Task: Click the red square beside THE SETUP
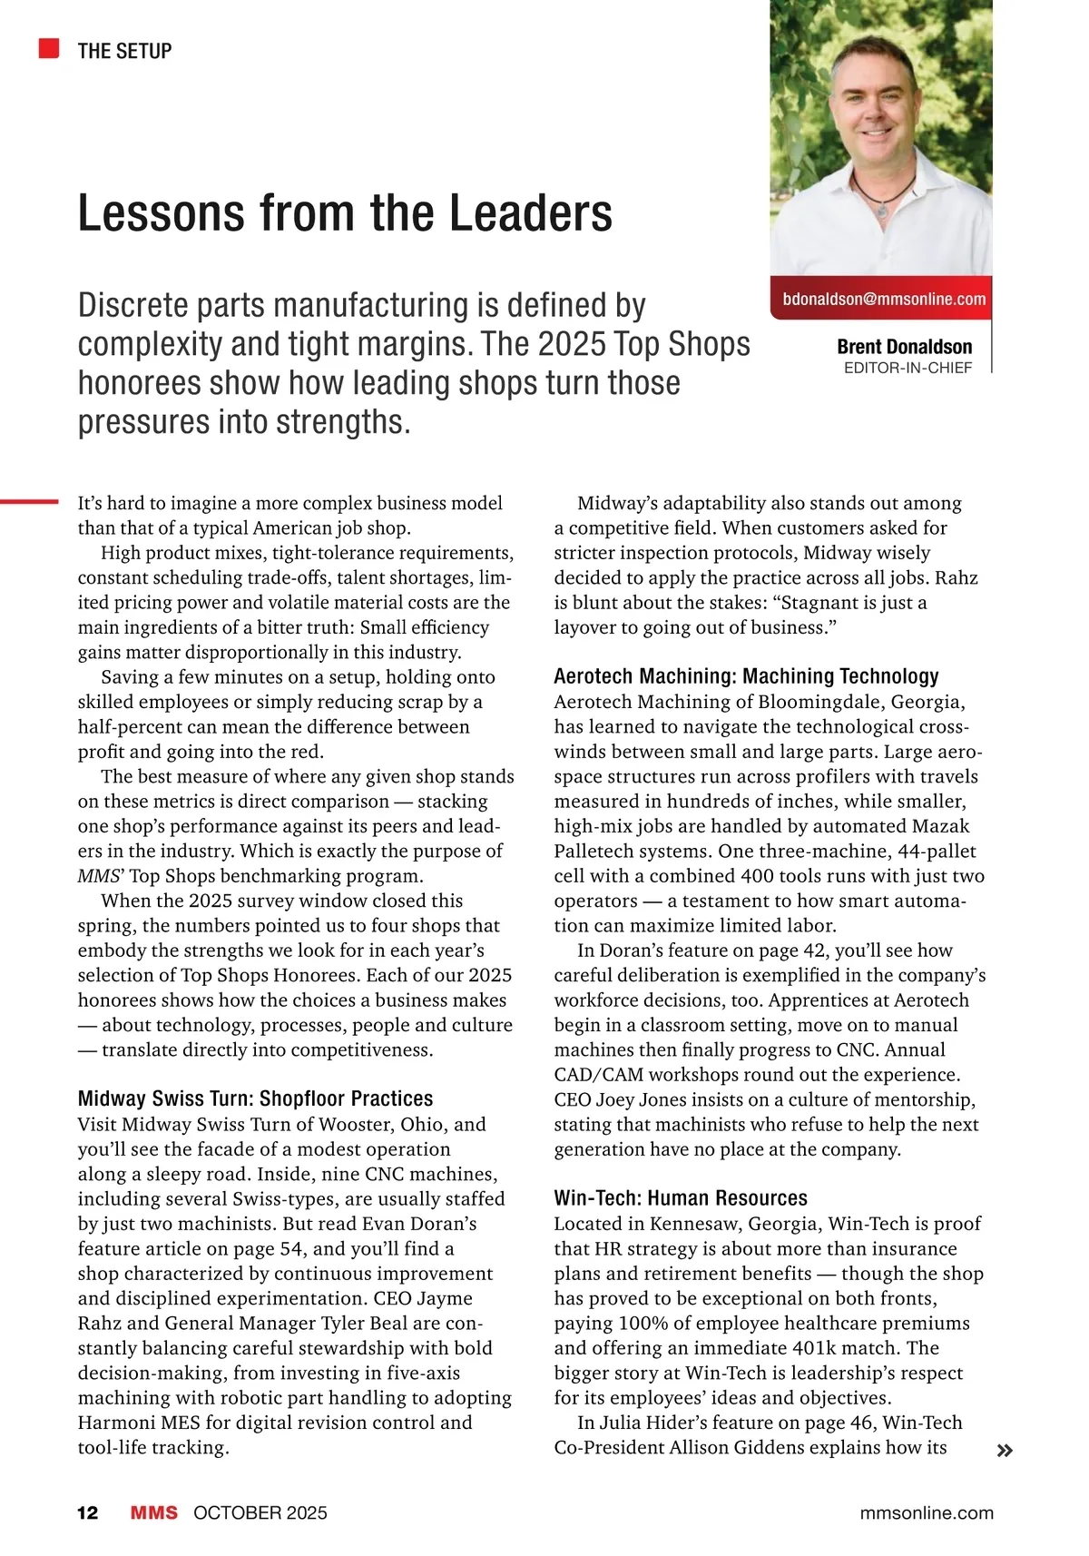pos(49,49)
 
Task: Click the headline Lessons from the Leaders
pos(345,213)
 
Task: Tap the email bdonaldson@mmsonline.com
pos(883,299)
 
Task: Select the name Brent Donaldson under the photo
pos(904,347)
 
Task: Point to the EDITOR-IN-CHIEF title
pos(907,368)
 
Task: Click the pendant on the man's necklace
pos(880,210)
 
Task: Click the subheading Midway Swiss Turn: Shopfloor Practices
pos(255,1098)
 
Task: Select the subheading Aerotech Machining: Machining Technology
pos(746,676)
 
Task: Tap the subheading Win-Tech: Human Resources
pos(681,1198)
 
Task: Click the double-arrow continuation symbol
pos(1004,1451)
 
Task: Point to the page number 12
pos(87,1513)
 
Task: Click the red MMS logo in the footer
pos(153,1513)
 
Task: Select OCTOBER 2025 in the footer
pos(260,1513)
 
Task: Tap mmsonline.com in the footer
pos(926,1513)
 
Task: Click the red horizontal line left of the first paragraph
pos(29,500)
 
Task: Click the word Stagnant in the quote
pos(824,603)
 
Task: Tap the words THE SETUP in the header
pos(124,51)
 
